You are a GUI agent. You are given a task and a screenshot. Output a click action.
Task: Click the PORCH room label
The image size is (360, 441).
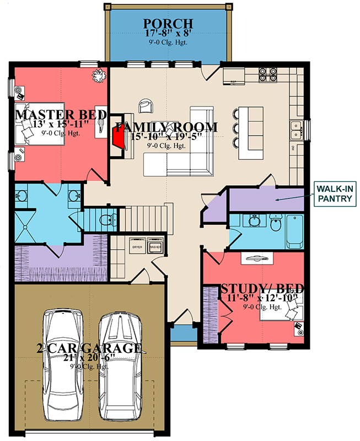coord(168,24)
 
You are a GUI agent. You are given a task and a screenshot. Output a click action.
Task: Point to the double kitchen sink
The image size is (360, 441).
coord(297,129)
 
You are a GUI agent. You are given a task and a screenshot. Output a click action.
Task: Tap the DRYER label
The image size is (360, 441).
coord(136,247)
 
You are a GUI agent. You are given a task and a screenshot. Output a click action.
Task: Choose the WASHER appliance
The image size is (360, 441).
coord(155,247)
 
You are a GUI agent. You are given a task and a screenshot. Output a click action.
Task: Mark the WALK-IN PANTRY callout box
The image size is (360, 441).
coord(334,195)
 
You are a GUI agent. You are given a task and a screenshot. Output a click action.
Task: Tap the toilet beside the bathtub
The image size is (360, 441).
coord(275,224)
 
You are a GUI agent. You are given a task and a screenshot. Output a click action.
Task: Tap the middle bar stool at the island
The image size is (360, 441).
coord(236,128)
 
